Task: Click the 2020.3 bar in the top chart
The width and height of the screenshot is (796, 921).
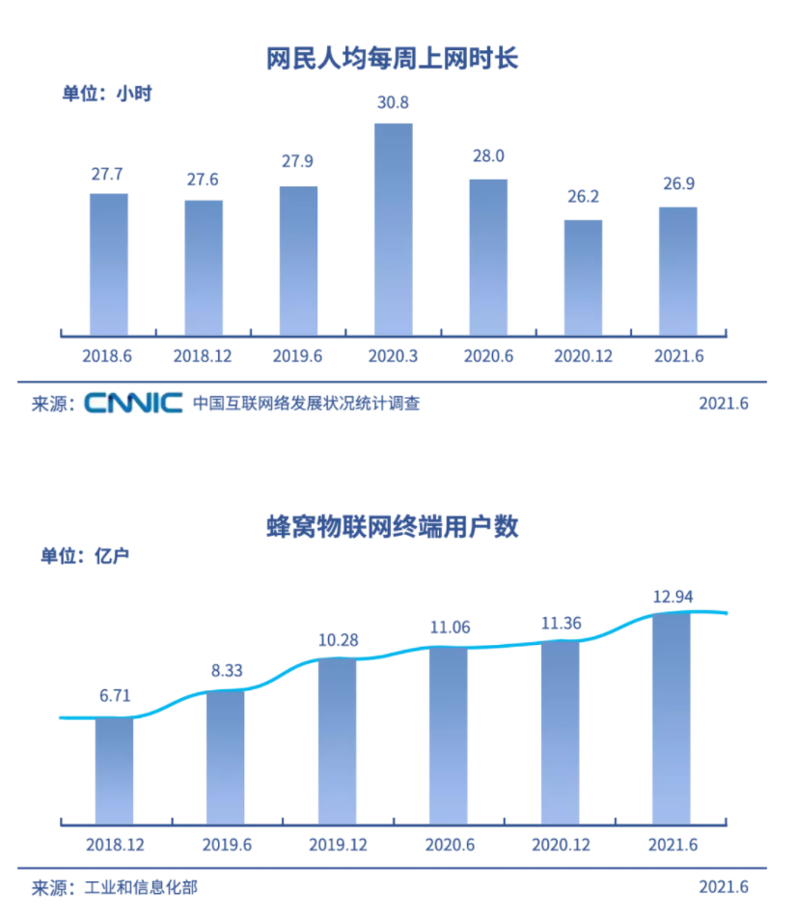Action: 393,229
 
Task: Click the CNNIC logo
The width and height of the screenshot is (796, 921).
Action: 133,403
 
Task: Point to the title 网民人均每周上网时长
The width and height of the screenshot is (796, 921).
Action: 393,59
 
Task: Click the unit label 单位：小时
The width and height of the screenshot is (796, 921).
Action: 108,95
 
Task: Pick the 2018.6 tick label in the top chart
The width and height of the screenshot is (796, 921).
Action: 108,355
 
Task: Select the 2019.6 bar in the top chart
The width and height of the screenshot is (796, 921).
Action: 298,261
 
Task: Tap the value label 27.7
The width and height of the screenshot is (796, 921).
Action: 108,175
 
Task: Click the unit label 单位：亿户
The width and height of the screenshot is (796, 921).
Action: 85,556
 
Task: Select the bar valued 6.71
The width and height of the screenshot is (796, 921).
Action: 114,769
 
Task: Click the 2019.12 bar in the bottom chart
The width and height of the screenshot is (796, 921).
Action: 337,740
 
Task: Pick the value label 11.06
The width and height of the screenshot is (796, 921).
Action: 449,628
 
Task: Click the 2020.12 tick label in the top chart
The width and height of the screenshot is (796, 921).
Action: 583,355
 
